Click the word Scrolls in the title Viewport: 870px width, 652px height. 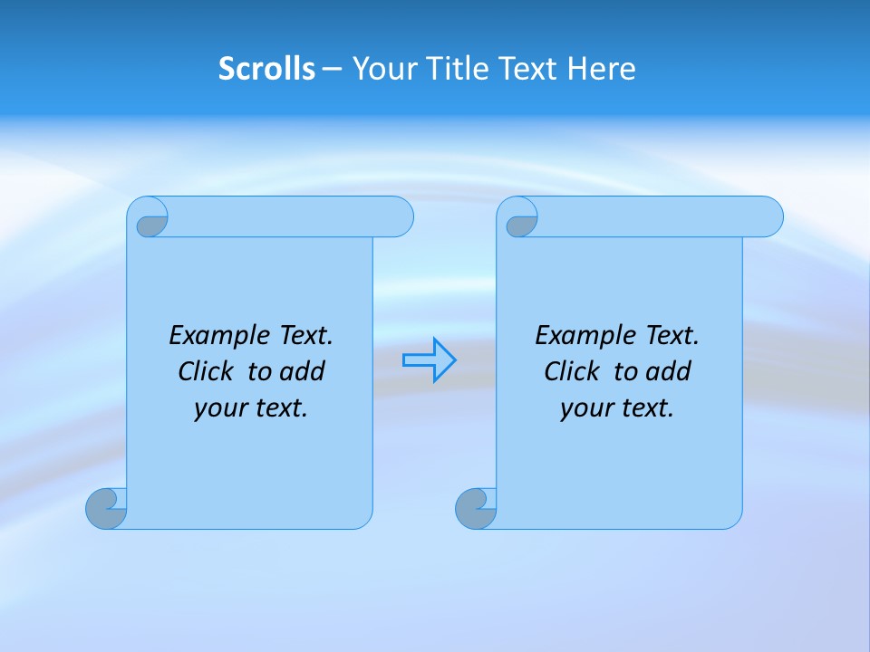coord(267,69)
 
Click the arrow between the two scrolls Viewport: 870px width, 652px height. coord(429,360)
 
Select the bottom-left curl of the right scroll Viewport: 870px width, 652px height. coord(475,509)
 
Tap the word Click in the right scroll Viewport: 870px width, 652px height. coord(571,371)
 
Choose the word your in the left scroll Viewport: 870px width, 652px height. coord(218,408)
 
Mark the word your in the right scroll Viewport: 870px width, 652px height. coord(585,408)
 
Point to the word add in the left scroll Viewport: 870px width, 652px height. coord(302,371)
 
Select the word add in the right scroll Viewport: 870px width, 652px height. coord(668,371)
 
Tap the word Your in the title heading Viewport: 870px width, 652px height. coord(381,69)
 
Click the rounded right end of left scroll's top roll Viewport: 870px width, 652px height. coord(400,216)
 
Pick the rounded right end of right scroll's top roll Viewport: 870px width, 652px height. coord(769,216)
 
